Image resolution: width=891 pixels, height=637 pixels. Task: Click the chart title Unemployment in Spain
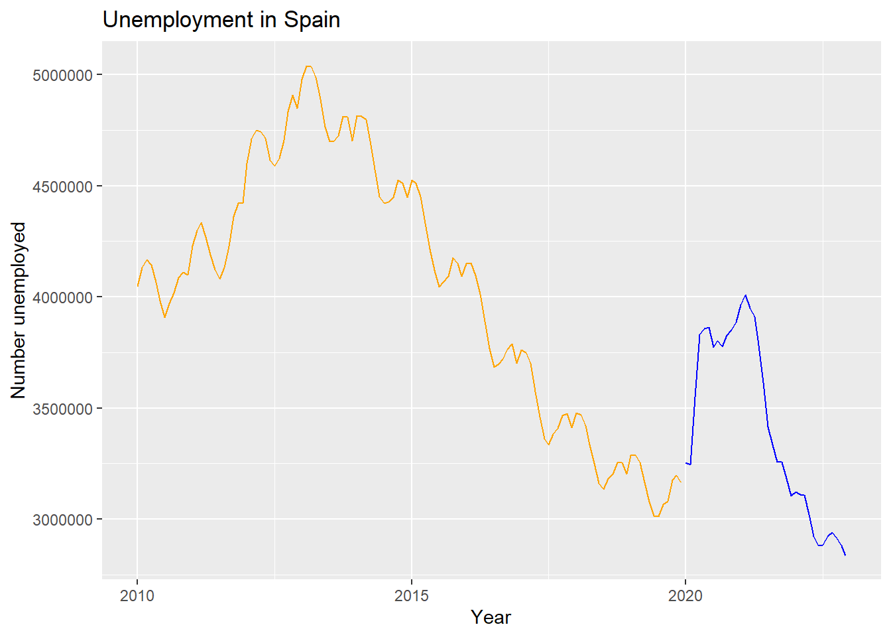(221, 20)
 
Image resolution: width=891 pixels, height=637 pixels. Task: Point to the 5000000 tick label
(62, 75)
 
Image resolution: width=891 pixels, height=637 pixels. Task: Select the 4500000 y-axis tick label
(62, 186)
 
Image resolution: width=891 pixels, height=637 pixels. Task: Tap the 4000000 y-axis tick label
(62, 297)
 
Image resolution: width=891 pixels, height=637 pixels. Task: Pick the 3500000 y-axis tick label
(62, 409)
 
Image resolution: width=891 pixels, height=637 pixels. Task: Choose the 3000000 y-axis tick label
(62, 520)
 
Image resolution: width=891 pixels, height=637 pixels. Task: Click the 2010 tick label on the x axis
(137, 595)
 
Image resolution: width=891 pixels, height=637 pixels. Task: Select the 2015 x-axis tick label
(412, 595)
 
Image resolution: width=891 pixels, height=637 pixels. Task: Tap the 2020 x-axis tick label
(685, 595)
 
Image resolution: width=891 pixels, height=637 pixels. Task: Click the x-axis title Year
(491, 618)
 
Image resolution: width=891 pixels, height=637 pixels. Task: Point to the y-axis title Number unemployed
(19, 310)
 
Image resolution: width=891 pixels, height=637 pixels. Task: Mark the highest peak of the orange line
(308, 66)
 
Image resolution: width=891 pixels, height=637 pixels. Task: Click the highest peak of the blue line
(746, 295)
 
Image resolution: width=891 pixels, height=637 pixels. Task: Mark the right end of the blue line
(845, 555)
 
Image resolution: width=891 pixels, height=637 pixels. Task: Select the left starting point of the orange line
(137, 286)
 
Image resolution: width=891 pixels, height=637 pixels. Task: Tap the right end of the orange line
(681, 482)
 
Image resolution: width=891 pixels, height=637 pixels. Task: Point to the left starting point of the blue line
(685, 462)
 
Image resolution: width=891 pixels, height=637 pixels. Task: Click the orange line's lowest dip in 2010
(164, 317)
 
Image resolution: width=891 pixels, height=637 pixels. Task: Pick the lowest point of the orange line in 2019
(656, 516)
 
